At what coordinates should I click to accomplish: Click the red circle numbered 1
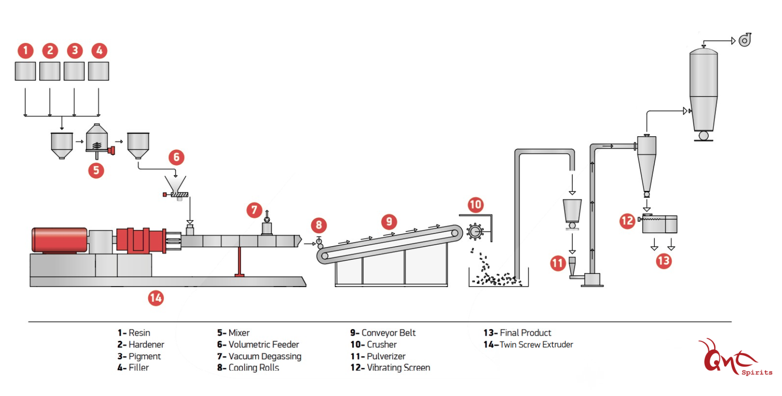[x=25, y=50]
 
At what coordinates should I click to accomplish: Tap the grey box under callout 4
[x=99, y=71]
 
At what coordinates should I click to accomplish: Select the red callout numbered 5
[x=96, y=170]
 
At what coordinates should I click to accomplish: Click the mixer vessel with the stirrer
[x=97, y=139]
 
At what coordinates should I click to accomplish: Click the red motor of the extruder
[x=59, y=240]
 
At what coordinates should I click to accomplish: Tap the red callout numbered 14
[x=156, y=298]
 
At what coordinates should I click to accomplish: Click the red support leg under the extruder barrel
[x=240, y=262]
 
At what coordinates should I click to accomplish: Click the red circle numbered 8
[x=319, y=225]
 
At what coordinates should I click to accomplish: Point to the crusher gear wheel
[x=475, y=231]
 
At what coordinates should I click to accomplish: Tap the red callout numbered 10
[x=475, y=205]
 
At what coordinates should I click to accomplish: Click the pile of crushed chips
[x=495, y=278]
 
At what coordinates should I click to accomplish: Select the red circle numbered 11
[x=558, y=263]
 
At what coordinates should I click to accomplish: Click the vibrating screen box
[x=659, y=224]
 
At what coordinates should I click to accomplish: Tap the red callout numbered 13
[x=664, y=261]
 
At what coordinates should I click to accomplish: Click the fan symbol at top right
[x=745, y=40]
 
